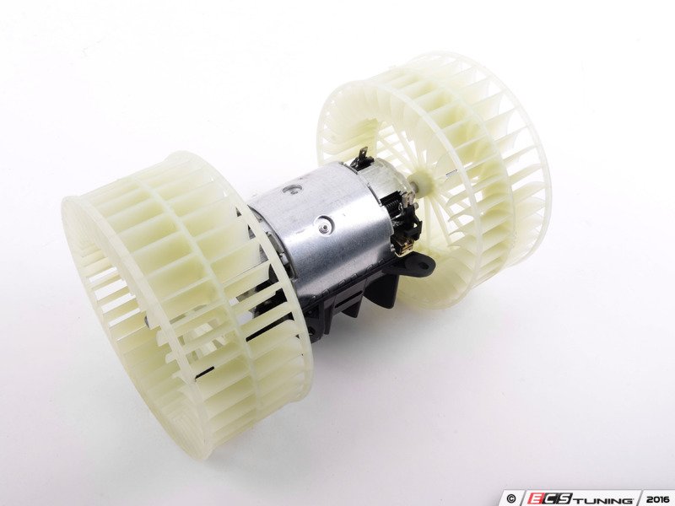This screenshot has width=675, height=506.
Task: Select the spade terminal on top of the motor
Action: click(364, 155)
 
